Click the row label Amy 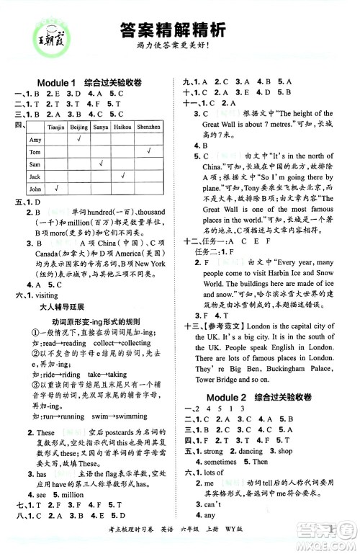point(34,140)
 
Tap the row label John point(34,189)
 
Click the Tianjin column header point(56,127)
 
